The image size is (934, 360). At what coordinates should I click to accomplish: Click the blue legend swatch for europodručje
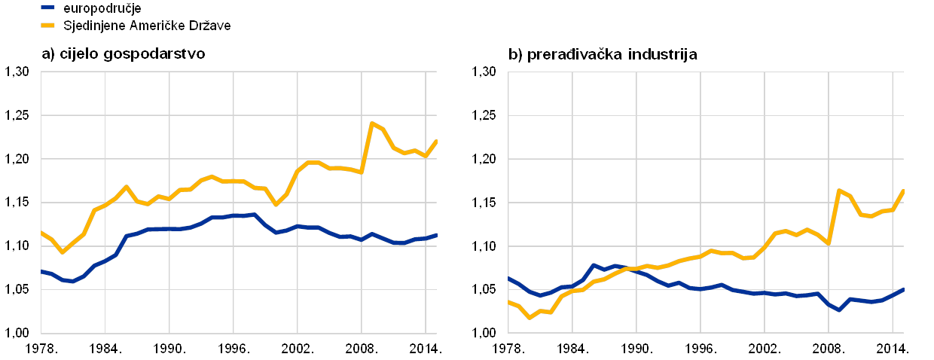coord(48,7)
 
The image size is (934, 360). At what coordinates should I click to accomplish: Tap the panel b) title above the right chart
coord(603,54)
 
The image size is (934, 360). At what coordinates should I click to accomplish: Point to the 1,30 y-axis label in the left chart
coord(17,72)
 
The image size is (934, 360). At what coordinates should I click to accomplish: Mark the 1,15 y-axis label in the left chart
coord(17,203)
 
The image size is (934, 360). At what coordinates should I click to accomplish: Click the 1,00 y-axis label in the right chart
coord(486,332)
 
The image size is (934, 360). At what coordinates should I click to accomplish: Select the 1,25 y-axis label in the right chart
coord(486,115)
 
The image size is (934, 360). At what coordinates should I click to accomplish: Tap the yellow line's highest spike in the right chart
coord(839,191)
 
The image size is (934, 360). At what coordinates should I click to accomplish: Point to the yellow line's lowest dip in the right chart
coord(530,317)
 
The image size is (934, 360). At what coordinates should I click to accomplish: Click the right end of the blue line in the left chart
coord(437,235)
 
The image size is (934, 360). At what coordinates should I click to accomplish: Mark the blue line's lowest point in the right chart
coord(839,310)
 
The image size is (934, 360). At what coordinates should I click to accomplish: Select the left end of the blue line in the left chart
coord(41,271)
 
